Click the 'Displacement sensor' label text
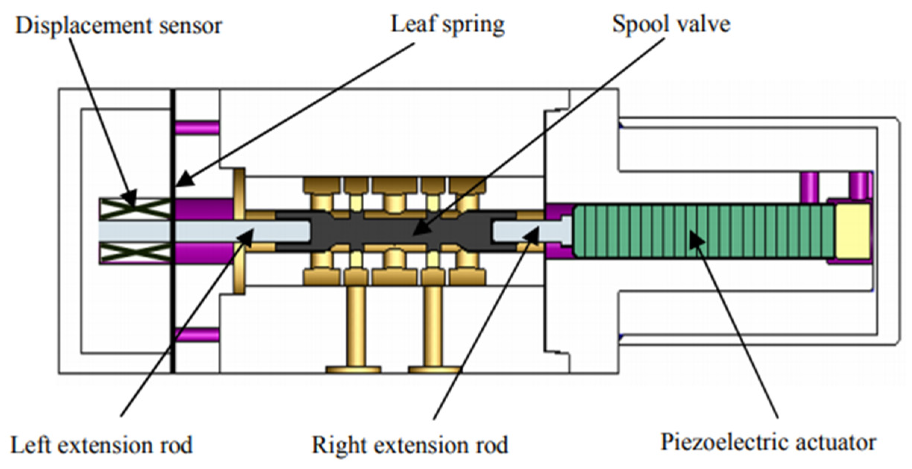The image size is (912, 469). click(119, 26)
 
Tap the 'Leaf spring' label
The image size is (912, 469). click(447, 25)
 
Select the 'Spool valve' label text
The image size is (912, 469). click(671, 25)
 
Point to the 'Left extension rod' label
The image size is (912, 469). click(101, 445)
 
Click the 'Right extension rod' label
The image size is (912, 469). click(410, 445)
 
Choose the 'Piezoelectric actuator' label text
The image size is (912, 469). click(768, 443)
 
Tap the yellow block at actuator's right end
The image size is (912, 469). click(852, 231)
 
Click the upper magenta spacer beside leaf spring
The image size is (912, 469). click(197, 128)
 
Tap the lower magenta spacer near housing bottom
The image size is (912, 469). click(197, 334)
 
